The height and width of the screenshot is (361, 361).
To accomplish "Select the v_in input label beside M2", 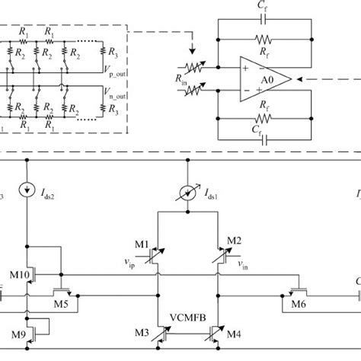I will point(243,266).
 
